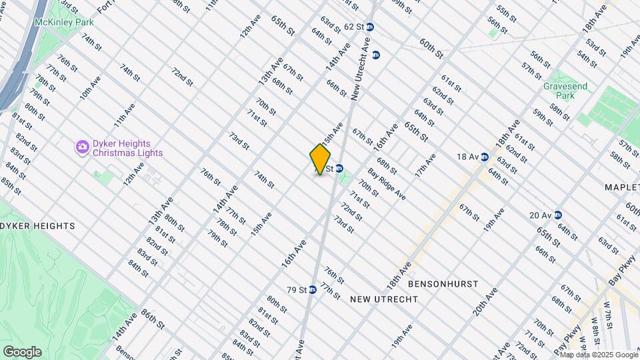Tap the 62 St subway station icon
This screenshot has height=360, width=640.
pos(370,27)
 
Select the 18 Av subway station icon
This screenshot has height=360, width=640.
pos(485,157)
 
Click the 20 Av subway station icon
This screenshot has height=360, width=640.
pos(557,215)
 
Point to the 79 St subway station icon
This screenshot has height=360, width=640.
pos(311,290)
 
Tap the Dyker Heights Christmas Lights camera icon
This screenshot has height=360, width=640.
pos(83,146)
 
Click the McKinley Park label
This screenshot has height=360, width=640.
pos(64,22)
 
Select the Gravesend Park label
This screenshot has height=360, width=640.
pos(559,91)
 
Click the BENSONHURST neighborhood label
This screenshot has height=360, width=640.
pos(443,284)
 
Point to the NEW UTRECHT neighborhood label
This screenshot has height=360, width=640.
pos(384,299)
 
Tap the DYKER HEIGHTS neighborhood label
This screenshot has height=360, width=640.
pos(37,226)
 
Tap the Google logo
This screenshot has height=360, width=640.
pos(22,351)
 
